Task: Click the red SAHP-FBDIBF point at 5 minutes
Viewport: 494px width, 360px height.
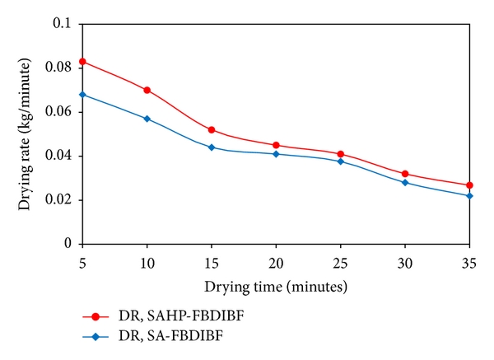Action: click(82, 62)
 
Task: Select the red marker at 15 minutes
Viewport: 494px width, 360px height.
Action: click(212, 129)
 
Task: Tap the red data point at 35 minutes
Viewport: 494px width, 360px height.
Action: click(470, 185)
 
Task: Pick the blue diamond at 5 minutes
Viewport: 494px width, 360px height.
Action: click(82, 95)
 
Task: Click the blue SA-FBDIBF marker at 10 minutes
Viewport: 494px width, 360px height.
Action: click(147, 119)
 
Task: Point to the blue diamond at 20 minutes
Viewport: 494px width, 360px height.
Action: click(276, 154)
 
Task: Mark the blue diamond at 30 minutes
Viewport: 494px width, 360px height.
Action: click(405, 182)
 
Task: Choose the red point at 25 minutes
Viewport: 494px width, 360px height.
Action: click(341, 154)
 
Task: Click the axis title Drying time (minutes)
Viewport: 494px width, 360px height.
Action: click(276, 287)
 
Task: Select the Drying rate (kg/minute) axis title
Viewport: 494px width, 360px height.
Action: click(26, 133)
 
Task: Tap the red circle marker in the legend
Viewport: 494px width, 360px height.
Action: click(96, 316)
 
